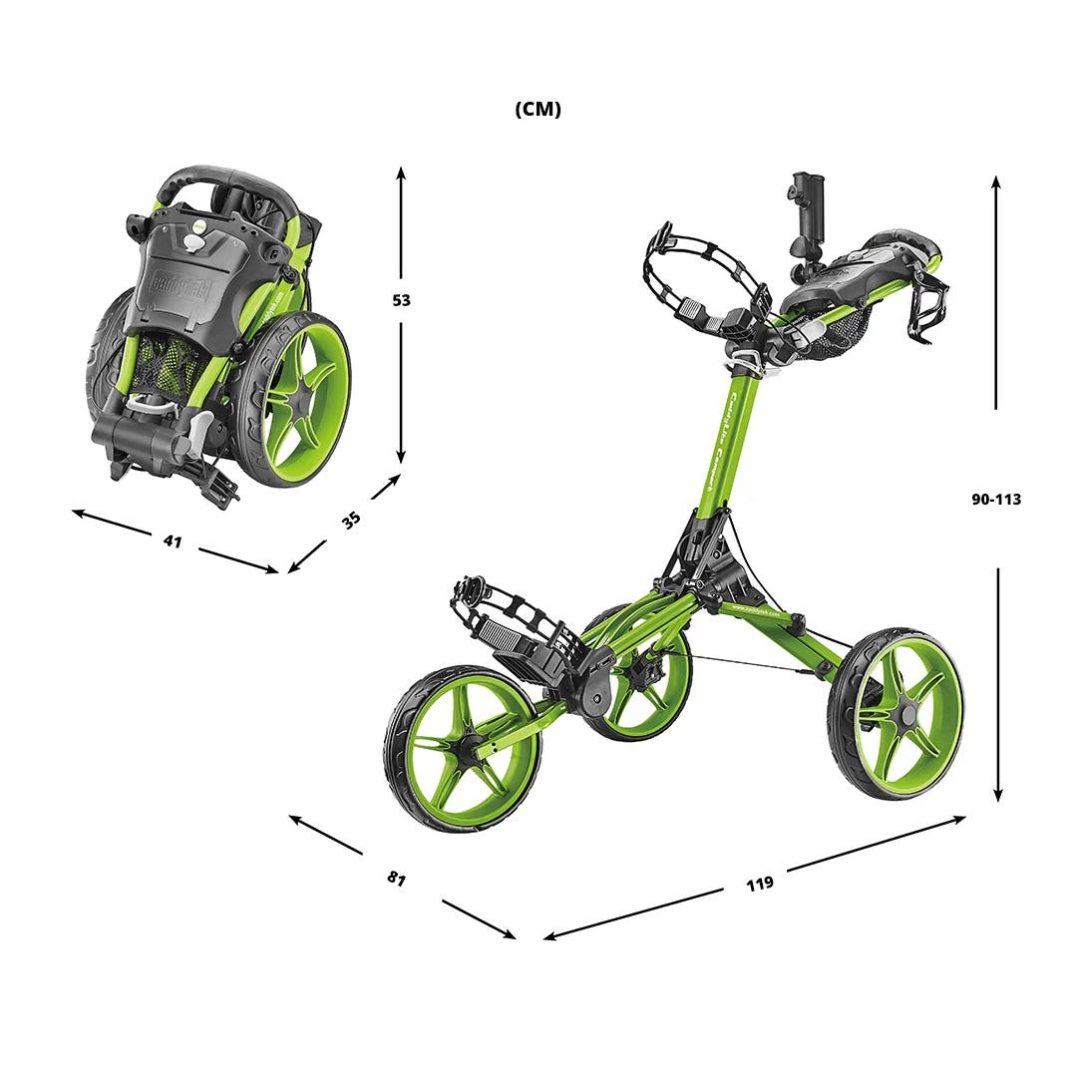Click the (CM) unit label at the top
pyautogui.click(x=538, y=110)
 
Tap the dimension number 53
pyautogui.click(x=401, y=300)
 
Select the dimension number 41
pyautogui.click(x=173, y=541)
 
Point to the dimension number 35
pyautogui.click(x=351, y=520)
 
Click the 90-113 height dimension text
pyautogui.click(x=996, y=499)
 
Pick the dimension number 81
pyautogui.click(x=397, y=879)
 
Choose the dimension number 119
pyautogui.click(x=759, y=883)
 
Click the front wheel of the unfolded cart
pyautogui.click(x=463, y=748)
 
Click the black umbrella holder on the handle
pyautogui.click(x=805, y=214)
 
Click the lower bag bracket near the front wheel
pyautogui.click(x=509, y=628)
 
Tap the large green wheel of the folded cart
pyautogui.click(x=296, y=399)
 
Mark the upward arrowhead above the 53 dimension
pyautogui.click(x=401, y=173)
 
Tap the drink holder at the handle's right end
pyautogui.click(x=928, y=304)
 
